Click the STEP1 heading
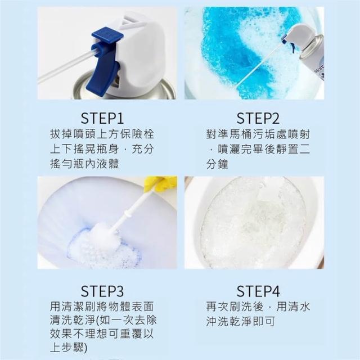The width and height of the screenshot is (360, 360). point(102,119)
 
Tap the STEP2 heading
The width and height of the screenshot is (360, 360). point(258,119)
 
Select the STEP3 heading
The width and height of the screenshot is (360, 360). point(102,291)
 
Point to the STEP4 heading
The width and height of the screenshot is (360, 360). point(258,291)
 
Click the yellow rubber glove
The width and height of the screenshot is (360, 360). point(161,184)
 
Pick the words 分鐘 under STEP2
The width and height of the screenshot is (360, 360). point(217,164)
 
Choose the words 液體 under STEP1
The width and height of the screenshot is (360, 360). point(107,164)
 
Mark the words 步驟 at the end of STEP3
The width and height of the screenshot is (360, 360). point(74,348)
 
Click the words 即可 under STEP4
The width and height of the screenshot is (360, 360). point(264,321)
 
